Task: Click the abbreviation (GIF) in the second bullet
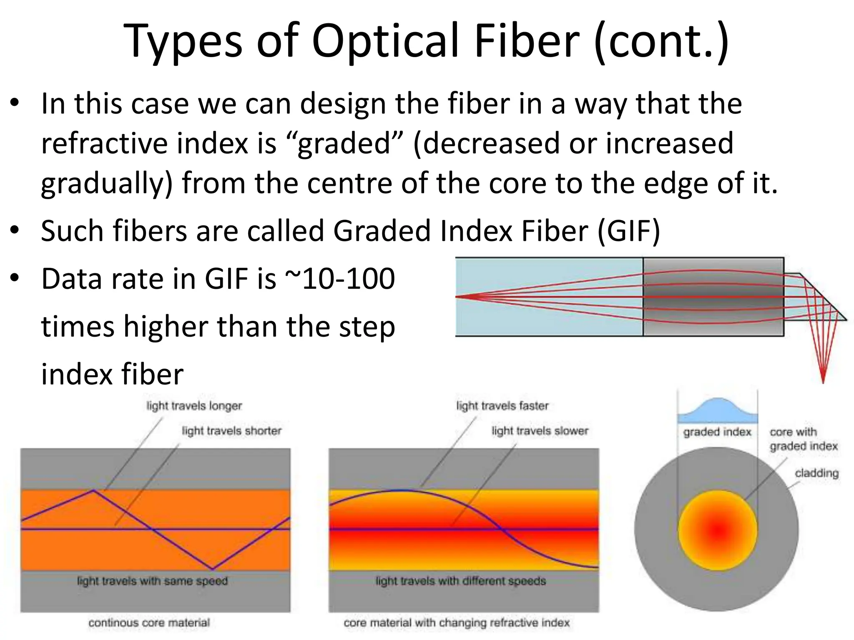click(x=629, y=231)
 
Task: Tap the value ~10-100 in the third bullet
click(x=340, y=279)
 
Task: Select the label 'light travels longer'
click(x=194, y=406)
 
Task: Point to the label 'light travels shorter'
click(x=231, y=431)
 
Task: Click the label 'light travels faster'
click(x=502, y=406)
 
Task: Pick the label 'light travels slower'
click(x=540, y=431)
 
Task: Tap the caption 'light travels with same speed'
click(x=152, y=581)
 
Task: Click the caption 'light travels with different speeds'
click(x=460, y=581)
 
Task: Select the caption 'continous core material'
click(x=149, y=623)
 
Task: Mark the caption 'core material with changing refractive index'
click(x=456, y=623)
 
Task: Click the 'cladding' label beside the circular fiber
click(x=816, y=473)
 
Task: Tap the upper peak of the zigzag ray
click(x=94, y=491)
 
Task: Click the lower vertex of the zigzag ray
click(x=212, y=569)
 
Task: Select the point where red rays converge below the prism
click(x=823, y=381)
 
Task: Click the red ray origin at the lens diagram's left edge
click(x=457, y=297)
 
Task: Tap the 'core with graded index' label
click(x=803, y=439)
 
